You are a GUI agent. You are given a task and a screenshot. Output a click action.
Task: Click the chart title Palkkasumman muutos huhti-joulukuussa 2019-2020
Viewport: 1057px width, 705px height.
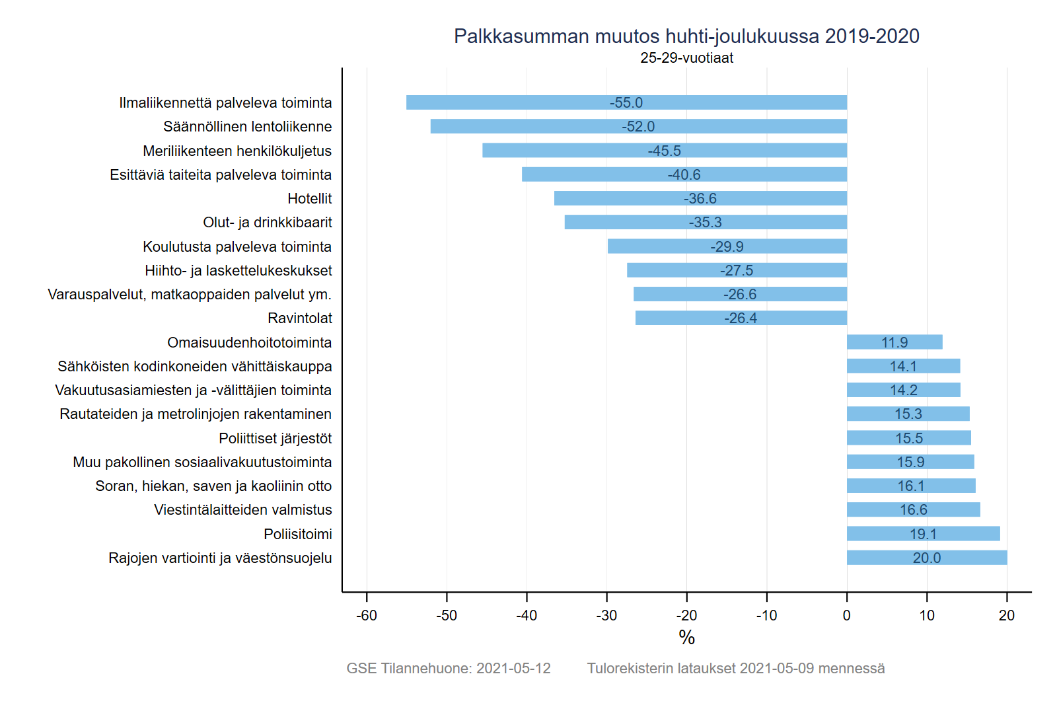click(686, 36)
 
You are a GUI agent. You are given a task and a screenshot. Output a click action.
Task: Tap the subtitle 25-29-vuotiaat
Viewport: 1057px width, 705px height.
click(686, 58)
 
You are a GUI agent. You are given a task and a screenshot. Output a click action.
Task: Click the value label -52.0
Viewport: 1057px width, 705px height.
click(638, 126)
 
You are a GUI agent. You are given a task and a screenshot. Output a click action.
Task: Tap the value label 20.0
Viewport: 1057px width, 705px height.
click(927, 558)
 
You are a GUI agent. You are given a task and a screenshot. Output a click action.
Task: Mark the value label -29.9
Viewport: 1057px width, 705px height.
click(727, 246)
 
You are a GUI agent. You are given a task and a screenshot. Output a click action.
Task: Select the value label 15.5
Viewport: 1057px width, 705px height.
click(909, 438)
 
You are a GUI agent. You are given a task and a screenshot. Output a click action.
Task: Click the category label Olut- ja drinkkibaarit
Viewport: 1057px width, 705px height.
click(268, 223)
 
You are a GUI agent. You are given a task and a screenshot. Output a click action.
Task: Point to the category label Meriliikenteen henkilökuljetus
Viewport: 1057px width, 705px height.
click(237, 151)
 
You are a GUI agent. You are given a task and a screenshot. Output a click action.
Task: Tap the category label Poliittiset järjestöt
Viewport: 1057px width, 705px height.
click(275, 438)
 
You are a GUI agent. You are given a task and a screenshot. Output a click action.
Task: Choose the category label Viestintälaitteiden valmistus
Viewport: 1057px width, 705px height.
click(243, 510)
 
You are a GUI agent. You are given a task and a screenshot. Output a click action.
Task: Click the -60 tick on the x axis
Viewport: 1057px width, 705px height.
click(367, 616)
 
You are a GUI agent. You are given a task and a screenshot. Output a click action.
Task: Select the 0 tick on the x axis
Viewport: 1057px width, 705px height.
click(847, 616)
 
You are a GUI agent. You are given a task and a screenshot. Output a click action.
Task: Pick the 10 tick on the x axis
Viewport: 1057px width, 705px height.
click(927, 616)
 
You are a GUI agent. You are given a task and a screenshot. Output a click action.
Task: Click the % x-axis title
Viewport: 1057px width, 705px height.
click(686, 638)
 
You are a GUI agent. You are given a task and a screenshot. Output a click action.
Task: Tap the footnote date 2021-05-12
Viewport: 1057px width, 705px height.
click(513, 669)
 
